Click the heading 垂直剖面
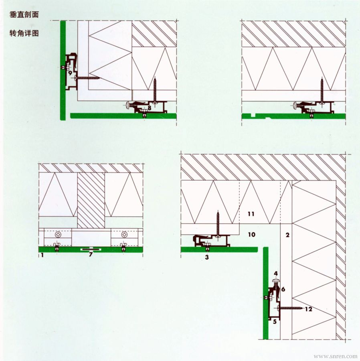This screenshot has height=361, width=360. pos(24,15)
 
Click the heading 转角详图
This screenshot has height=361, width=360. pos(24,33)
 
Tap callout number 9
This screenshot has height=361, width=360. pos(70,73)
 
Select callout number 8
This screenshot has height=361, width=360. pos(149,107)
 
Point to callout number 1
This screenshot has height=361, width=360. pos(42,255)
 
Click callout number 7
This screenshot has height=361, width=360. pos(91,254)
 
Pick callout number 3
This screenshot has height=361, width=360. pos(207,257)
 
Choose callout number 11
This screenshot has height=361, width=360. pos(251,214)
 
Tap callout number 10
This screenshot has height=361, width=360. pos(252,234)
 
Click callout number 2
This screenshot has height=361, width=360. pos(287,235)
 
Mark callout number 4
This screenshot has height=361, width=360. pos(276,274)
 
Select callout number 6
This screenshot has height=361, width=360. pos(283,289)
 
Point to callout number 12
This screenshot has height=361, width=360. pos(308,309)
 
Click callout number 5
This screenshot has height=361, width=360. pos(275,321)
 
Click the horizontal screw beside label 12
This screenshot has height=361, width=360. pos(291,308)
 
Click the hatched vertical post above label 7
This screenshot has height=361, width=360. pos(91,200)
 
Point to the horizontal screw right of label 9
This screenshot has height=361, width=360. pos(88,78)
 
